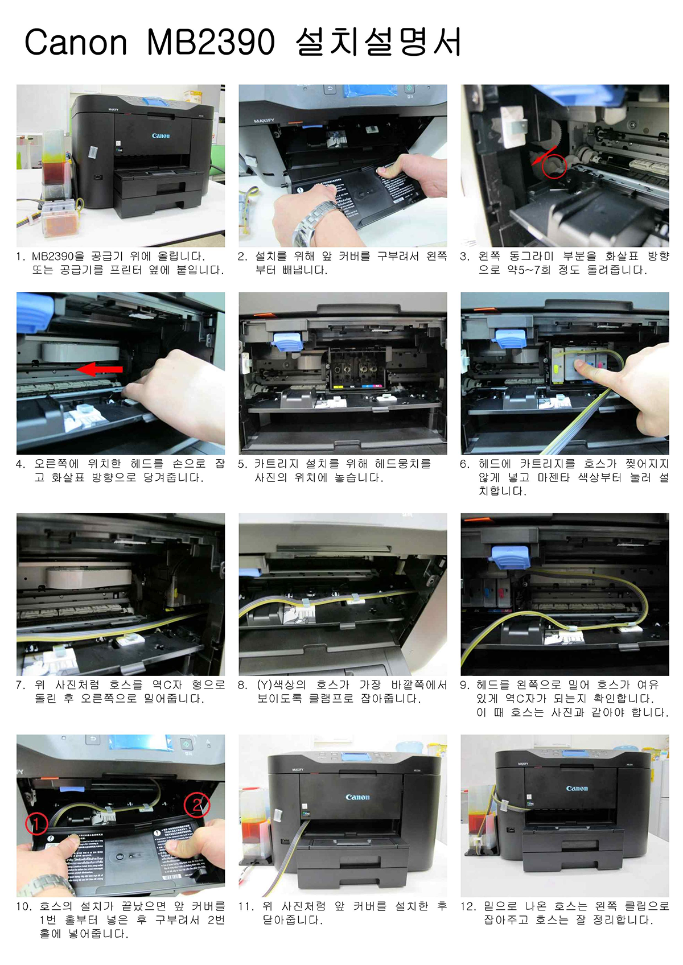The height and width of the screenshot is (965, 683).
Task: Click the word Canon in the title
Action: (x=76, y=42)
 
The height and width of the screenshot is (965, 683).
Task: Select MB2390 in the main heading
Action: (x=211, y=42)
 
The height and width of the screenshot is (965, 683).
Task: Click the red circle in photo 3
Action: (x=554, y=166)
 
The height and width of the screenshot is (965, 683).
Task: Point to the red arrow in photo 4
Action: (x=100, y=369)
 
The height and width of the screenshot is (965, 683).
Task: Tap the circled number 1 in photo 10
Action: (x=36, y=824)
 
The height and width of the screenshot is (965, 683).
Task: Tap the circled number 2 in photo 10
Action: (x=197, y=805)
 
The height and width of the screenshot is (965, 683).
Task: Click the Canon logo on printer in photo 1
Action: (x=161, y=135)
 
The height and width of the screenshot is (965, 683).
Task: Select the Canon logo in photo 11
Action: (x=357, y=797)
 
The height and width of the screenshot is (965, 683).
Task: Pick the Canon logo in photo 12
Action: (x=577, y=789)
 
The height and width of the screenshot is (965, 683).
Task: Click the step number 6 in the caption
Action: (x=464, y=464)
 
